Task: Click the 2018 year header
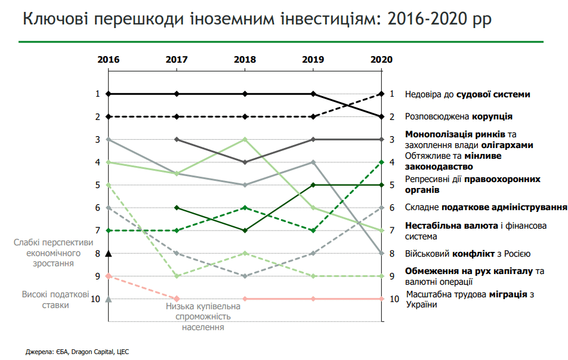tap(245, 59)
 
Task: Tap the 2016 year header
tap(109, 59)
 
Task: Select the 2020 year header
tap(381, 59)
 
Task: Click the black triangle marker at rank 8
tap(109, 253)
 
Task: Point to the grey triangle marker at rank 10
tap(109, 299)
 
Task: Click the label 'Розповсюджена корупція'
tap(459, 117)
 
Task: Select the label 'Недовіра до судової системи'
tap(468, 94)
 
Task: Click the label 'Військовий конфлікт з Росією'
tap(468, 253)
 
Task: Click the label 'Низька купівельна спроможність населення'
tap(203, 316)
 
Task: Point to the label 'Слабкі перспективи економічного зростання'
tap(54, 253)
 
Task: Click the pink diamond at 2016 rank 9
tap(109, 276)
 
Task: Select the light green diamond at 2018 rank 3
tap(245, 139)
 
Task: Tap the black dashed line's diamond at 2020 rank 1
tap(381, 94)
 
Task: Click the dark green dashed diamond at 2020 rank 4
tap(381, 162)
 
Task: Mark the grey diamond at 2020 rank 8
tap(381, 253)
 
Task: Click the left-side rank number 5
tap(97, 185)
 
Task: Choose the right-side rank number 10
tap(393, 299)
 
